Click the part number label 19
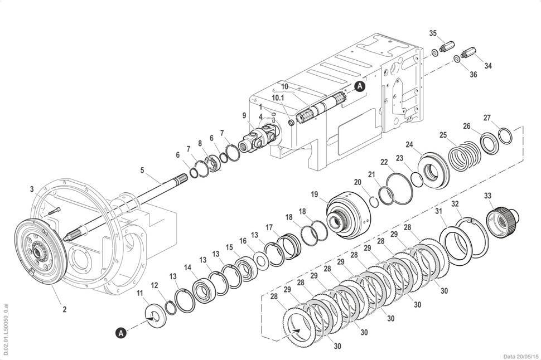315,194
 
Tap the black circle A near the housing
360,86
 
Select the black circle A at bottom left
121,333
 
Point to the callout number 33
487,196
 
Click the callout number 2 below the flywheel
65,309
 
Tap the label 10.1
278,98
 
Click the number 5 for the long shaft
142,170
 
